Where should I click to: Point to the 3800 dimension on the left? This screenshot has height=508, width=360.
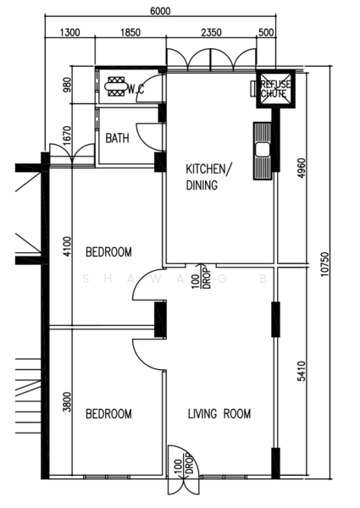[54, 400]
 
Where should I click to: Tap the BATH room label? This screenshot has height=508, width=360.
[117, 139]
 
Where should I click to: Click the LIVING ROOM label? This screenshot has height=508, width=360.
[219, 414]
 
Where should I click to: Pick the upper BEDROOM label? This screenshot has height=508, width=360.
[108, 251]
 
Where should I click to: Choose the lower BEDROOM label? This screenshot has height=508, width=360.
[108, 414]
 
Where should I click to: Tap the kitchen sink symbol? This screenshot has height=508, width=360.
[262, 150]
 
